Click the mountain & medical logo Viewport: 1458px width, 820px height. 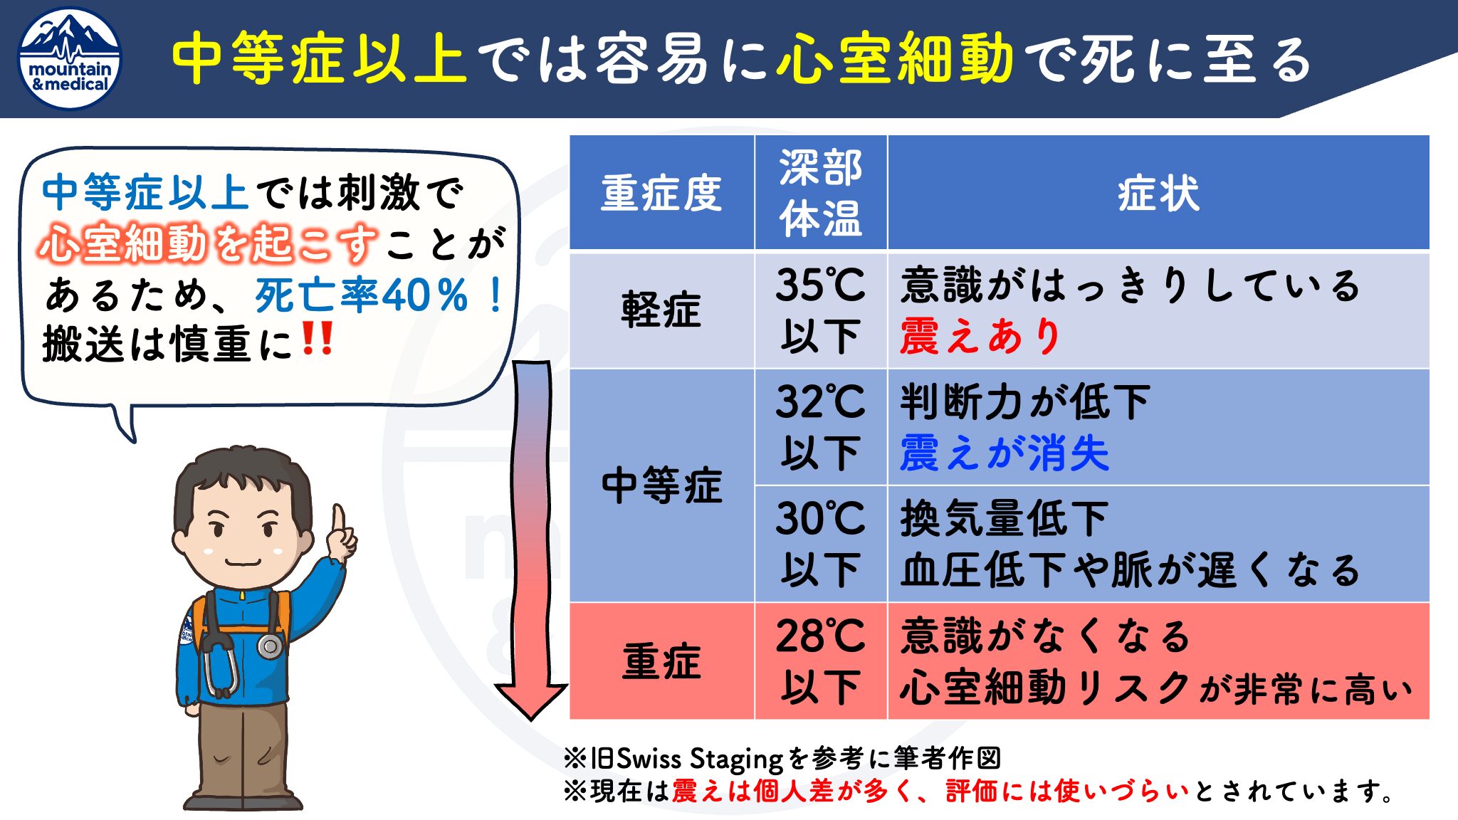click(x=70, y=59)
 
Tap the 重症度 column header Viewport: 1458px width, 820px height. click(x=661, y=193)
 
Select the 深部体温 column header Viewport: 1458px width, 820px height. click(x=821, y=193)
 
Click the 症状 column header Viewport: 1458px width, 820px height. click(x=1158, y=193)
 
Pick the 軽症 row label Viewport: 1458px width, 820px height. click(x=661, y=310)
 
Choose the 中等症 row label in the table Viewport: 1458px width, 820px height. click(x=661, y=485)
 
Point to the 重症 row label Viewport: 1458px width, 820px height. click(x=661, y=661)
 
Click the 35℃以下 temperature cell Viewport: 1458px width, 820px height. click(x=821, y=310)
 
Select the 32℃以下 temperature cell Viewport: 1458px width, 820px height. click(x=821, y=427)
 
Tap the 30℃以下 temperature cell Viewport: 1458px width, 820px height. click(x=821, y=544)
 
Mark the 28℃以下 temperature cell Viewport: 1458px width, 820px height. click(x=821, y=661)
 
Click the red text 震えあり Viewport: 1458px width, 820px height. click(x=981, y=336)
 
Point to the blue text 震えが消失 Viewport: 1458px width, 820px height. click(x=1005, y=453)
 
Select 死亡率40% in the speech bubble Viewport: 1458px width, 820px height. click(x=362, y=295)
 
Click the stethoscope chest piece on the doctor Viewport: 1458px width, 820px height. click(x=271, y=646)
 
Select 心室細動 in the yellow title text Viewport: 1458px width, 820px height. click(x=895, y=58)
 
